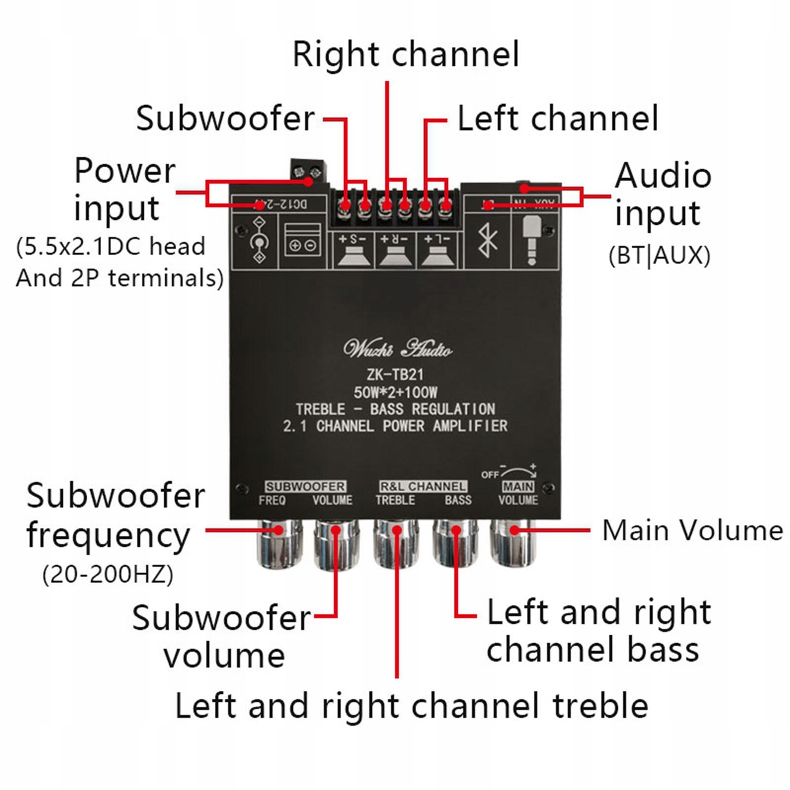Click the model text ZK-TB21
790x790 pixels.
coord(395,375)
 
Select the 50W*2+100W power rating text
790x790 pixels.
coord(395,393)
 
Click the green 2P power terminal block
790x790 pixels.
coord(308,171)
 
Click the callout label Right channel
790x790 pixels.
coord(406,54)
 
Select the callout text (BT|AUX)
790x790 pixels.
coord(660,256)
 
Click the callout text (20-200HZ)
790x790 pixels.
coord(108,575)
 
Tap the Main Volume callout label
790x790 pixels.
coord(692,531)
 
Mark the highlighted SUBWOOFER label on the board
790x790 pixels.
coord(305,486)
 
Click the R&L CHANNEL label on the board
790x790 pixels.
coord(423,486)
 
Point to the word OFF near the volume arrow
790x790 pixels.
coord(490,474)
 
